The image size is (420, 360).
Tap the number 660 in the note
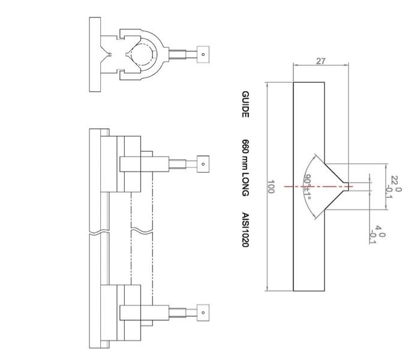[x=245, y=147]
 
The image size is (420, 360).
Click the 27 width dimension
[x=320, y=61]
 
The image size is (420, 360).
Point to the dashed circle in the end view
[x=144, y=54]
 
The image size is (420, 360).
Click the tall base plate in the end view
[x=95, y=54]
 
